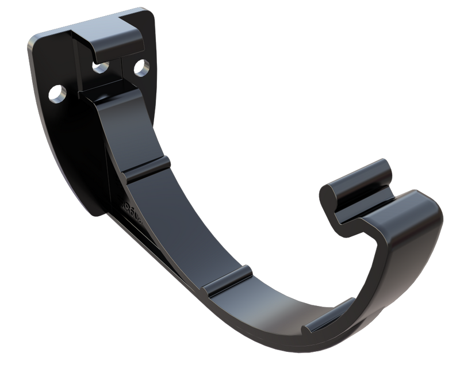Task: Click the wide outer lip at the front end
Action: tap(411, 213)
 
